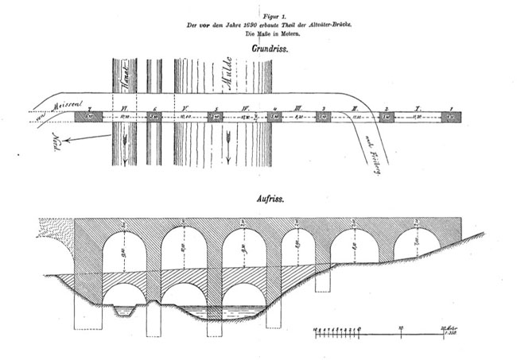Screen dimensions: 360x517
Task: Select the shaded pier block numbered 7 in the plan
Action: point(91,117)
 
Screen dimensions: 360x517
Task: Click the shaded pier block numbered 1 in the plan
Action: point(453,117)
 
